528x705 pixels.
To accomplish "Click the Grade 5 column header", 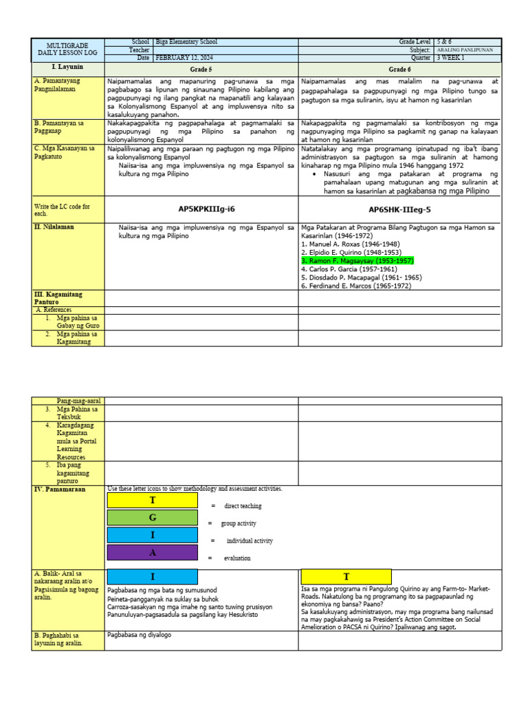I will tap(201, 70).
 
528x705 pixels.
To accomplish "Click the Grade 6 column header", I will tap(399, 70).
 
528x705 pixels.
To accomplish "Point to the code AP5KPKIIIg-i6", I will tap(201, 209).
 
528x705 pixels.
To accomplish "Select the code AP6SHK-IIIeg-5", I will tap(399, 209).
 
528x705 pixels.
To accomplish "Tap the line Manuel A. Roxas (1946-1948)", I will tap(349, 244).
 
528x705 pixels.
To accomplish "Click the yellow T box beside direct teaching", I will tap(153, 501).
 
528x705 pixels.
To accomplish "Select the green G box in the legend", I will tap(153, 517).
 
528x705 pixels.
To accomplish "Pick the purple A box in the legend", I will tap(153, 552).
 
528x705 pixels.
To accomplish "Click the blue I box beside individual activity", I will tap(153, 535).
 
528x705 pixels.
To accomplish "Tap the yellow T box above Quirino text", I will tap(346, 576).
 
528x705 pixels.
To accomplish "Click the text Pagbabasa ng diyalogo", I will tap(140, 635).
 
